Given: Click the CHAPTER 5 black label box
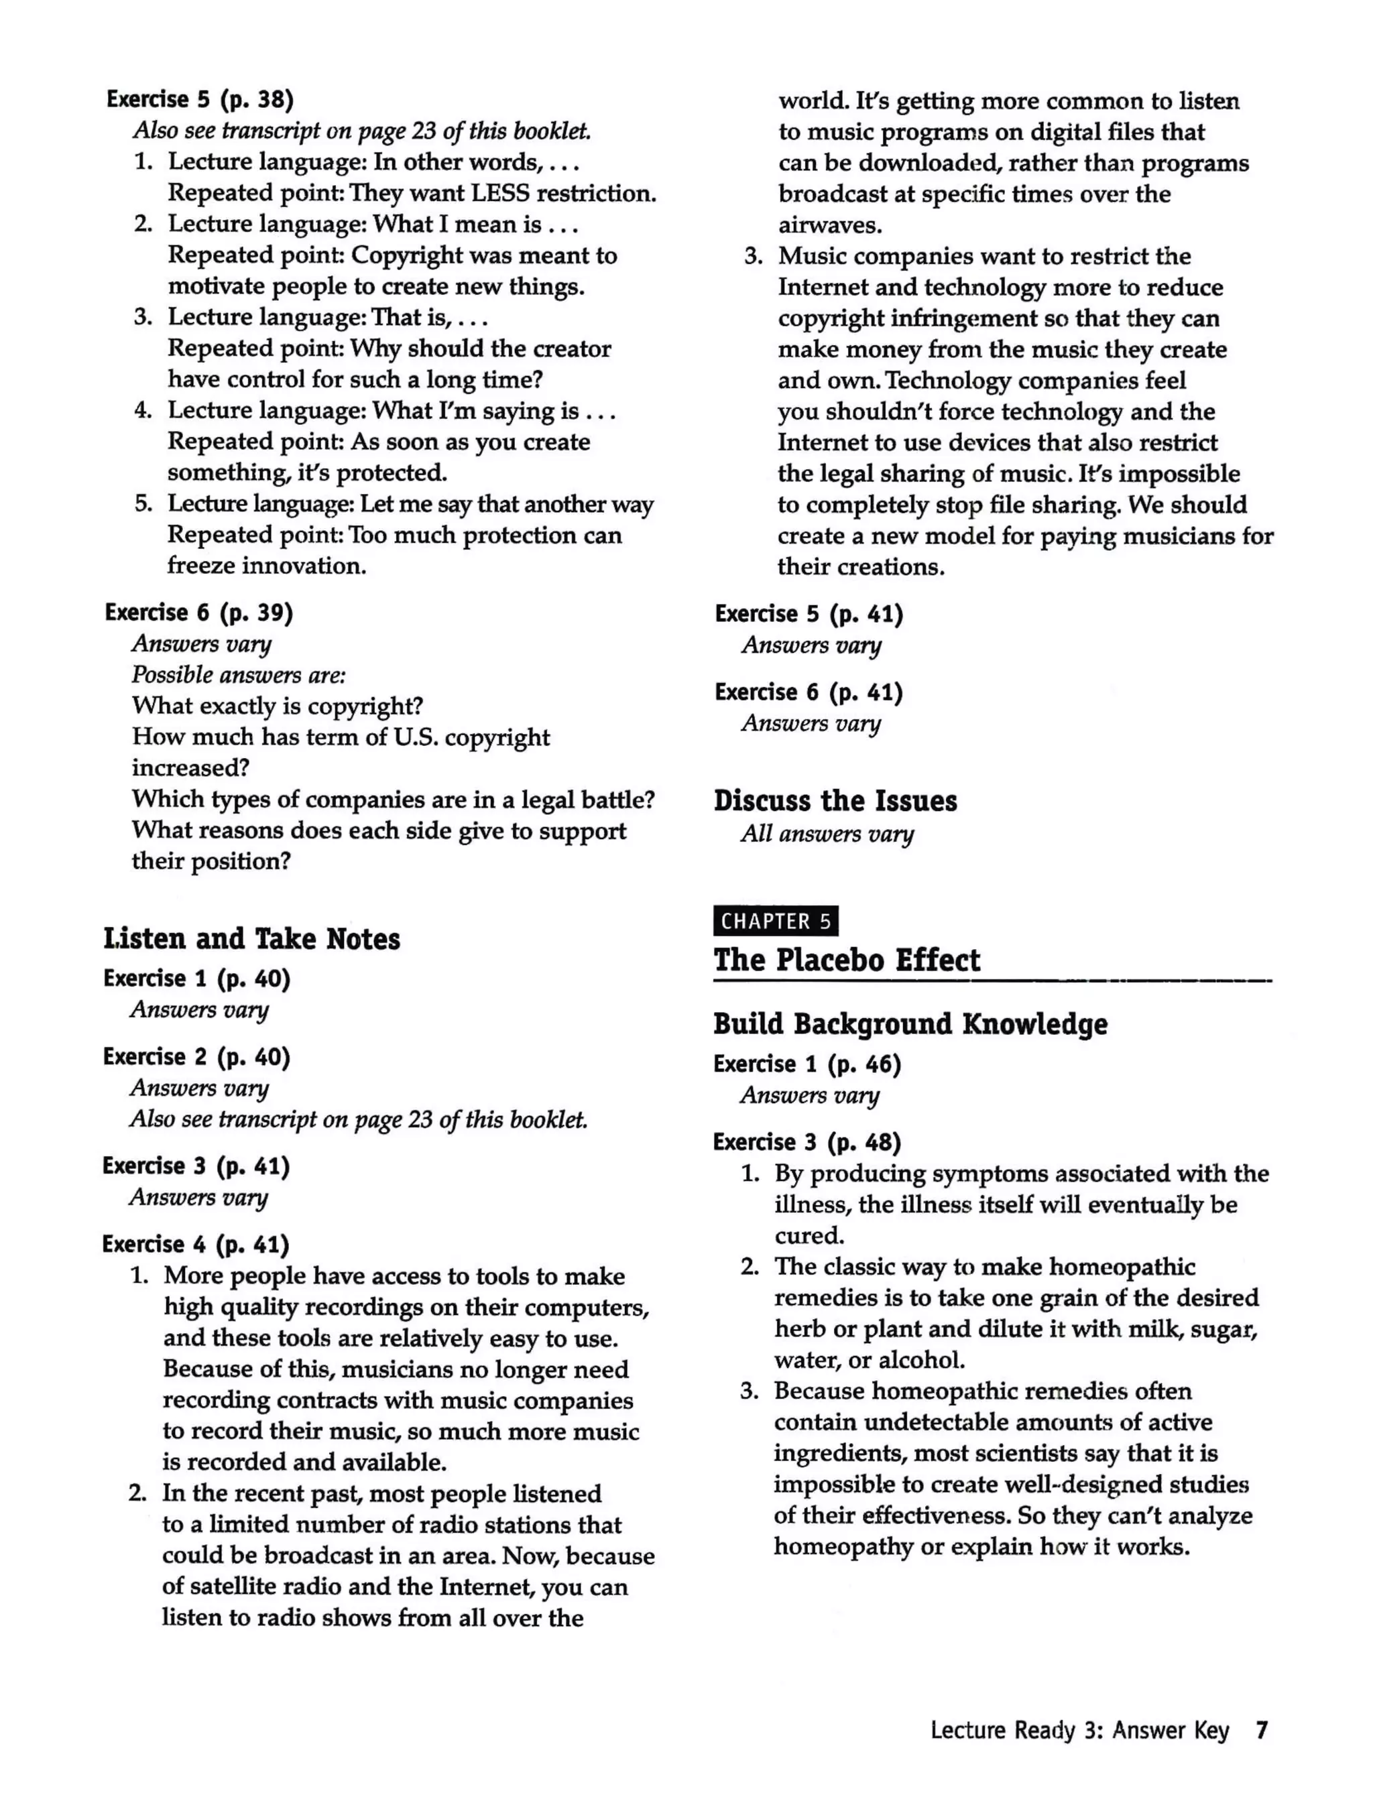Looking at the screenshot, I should point(776,921).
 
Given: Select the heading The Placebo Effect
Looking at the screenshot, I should point(846,960).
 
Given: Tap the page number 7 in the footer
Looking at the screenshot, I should point(1262,1730).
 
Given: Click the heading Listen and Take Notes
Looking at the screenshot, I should point(251,938).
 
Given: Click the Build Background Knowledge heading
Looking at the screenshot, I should point(910,1023).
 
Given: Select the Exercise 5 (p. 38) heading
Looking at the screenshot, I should point(200,99).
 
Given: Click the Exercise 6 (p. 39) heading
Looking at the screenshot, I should point(199,613).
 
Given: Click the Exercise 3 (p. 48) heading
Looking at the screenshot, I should point(807,1142).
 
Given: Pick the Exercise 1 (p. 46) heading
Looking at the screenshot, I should point(807,1064).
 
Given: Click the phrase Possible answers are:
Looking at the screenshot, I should point(238,675).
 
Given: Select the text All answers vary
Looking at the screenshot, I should point(827,834).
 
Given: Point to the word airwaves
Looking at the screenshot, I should point(829,225).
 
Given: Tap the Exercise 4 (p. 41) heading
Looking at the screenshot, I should point(196,1245).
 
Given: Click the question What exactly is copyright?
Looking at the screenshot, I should point(278,706).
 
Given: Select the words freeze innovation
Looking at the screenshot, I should point(267,566).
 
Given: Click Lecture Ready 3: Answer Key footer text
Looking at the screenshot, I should point(1079,1730).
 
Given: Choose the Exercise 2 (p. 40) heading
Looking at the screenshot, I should point(196,1057).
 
